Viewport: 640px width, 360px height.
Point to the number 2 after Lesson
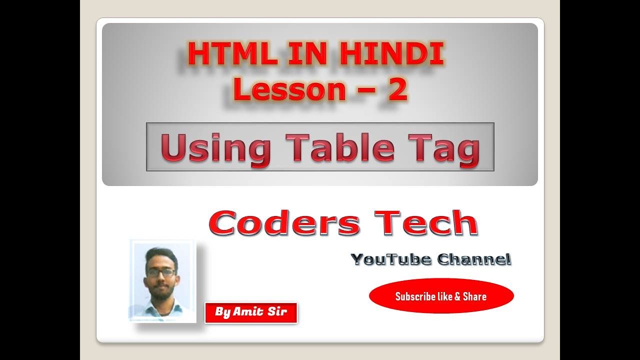(x=397, y=89)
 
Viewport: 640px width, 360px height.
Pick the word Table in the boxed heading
(x=340, y=148)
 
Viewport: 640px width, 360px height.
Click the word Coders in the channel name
(x=284, y=223)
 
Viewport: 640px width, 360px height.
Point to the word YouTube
(x=391, y=259)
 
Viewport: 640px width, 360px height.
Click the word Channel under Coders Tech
(x=473, y=259)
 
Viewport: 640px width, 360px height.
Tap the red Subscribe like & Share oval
(x=441, y=296)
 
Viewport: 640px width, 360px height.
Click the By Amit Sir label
(x=251, y=312)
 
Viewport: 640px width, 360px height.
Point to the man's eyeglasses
(x=161, y=272)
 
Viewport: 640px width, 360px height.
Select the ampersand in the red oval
(x=456, y=296)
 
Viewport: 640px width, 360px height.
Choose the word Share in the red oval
(x=474, y=296)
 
